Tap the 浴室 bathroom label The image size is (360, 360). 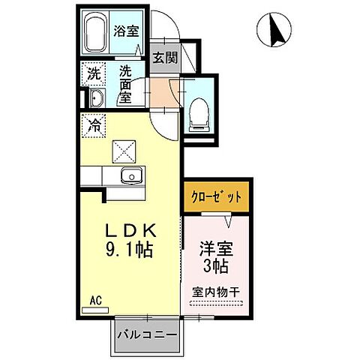click(x=124, y=31)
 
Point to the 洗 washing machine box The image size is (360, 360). click(x=93, y=73)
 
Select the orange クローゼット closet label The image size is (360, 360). click(x=214, y=198)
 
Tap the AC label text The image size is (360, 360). click(x=95, y=300)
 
